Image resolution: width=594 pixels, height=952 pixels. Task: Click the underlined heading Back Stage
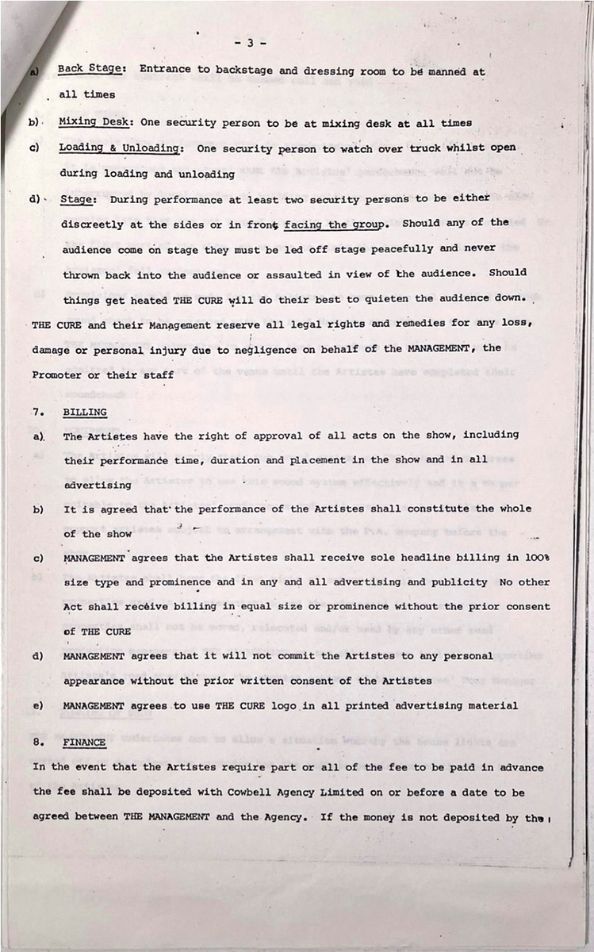click(x=89, y=69)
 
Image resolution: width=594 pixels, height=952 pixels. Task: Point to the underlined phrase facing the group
click(x=337, y=224)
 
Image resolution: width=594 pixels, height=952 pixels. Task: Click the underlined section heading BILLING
click(x=85, y=413)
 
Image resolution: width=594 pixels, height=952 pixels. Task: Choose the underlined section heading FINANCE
click(x=85, y=743)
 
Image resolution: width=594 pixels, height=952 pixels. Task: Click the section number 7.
click(x=36, y=413)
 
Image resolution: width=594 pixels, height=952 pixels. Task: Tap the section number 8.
click(x=36, y=743)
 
